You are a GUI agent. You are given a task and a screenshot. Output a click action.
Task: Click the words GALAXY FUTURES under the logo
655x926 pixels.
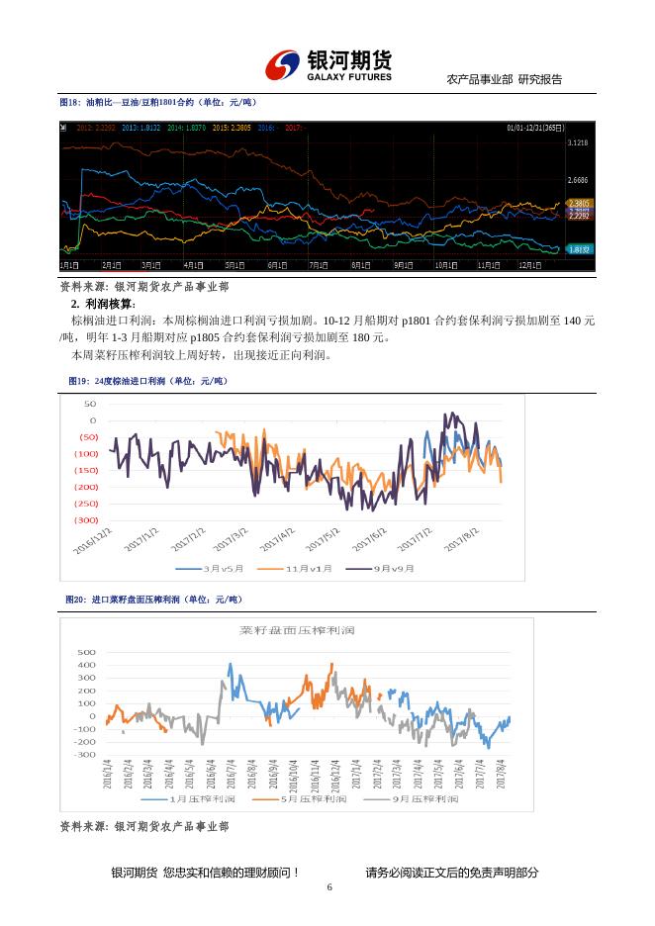coord(348,77)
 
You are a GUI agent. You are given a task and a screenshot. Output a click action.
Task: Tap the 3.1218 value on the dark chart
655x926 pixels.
coord(578,143)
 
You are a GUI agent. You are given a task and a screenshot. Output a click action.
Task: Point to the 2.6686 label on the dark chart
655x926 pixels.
coord(578,181)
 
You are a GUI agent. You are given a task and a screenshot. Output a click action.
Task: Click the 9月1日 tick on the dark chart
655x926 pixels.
coord(404,265)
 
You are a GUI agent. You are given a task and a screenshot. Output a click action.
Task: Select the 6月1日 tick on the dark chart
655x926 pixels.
coord(278,265)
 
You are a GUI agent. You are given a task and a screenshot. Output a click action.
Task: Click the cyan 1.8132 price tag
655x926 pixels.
coord(579,249)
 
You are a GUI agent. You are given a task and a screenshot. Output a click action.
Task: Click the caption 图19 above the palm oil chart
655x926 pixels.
coord(147,381)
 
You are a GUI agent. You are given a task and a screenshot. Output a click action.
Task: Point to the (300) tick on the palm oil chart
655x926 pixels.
coord(87,520)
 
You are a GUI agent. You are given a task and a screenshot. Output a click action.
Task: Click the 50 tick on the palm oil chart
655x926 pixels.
coord(90,405)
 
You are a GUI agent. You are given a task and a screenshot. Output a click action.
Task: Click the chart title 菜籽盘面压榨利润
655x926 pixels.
coord(297,630)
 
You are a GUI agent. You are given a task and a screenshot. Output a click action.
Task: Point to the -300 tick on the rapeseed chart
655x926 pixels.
coord(84,755)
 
